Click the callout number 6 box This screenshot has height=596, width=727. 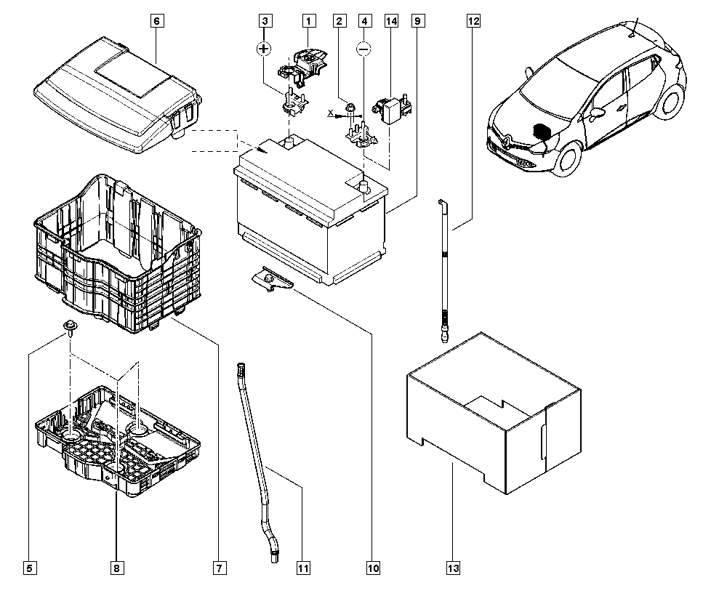tap(156, 21)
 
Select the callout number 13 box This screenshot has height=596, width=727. tap(454, 568)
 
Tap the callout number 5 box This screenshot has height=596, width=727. tap(30, 568)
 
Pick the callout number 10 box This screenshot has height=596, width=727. tap(373, 568)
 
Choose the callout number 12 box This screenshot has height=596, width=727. tap(473, 21)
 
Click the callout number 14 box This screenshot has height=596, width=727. tap(391, 21)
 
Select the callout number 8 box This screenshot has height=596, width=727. tap(117, 568)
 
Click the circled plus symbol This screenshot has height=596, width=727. tap(265, 49)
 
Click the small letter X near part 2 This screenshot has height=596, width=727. tap(330, 113)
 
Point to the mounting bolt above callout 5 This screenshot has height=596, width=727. tap(71, 328)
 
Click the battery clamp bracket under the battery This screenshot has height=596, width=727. tap(271, 280)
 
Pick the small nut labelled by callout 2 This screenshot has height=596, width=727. tap(350, 109)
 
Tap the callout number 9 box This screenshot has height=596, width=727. tap(417, 21)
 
